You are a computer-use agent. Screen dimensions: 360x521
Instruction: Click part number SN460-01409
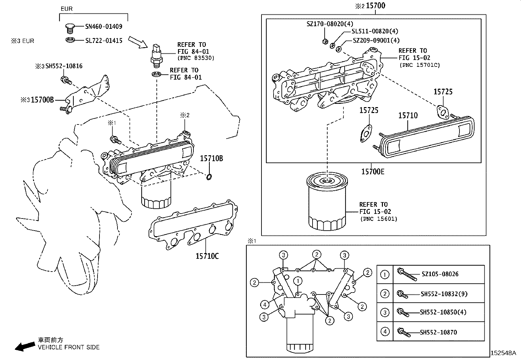[103, 27]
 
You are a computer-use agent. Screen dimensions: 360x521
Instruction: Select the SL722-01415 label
[103, 41]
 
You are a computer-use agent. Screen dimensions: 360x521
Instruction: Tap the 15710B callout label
[211, 159]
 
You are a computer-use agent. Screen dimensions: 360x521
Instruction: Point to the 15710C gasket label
[207, 256]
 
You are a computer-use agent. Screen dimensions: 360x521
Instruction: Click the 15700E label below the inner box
[373, 171]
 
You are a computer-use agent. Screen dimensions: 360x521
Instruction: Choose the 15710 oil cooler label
[408, 115]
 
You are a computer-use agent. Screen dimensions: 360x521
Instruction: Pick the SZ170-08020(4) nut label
[330, 24]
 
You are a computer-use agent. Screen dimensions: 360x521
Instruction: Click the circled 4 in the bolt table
[385, 332]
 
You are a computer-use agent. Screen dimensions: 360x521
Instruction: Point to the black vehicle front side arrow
[25, 346]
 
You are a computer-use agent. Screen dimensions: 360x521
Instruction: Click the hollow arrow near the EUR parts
[138, 42]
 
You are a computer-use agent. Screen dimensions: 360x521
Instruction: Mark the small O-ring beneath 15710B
[209, 177]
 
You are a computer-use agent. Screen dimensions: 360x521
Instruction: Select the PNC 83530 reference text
[195, 58]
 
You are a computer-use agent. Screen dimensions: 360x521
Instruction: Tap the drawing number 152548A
[503, 353]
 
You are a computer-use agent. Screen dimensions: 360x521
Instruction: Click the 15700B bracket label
[42, 100]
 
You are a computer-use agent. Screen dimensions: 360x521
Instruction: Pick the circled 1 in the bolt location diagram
[297, 281]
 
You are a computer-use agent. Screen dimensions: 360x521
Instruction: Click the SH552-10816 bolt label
[64, 66]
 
